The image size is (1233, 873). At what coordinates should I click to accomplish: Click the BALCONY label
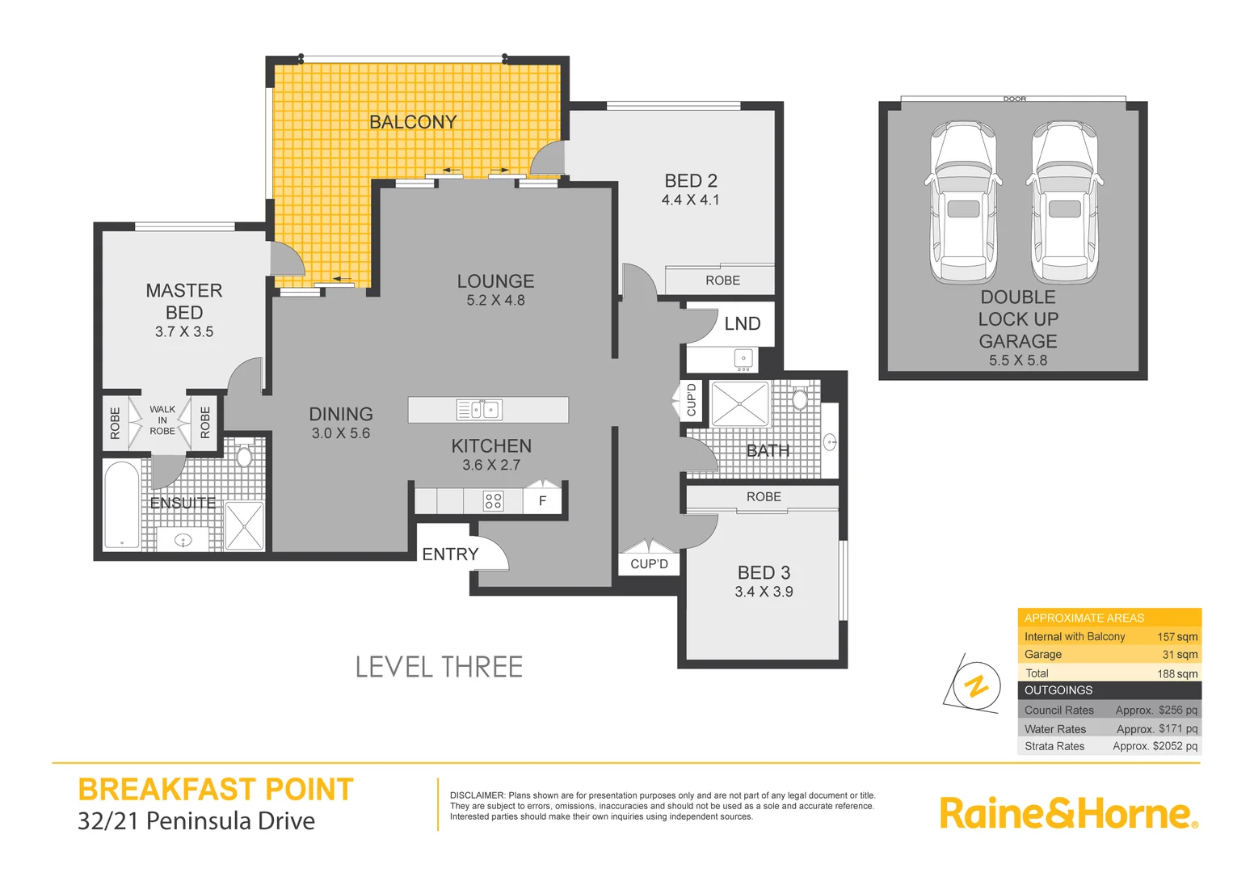tap(413, 122)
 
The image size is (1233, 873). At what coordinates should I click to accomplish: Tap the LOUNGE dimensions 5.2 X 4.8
tap(495, 301)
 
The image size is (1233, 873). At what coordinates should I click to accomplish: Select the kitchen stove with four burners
tap(493, 501)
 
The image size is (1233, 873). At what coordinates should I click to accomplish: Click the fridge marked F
tap(542, 501)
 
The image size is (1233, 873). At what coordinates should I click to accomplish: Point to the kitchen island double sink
tap(479, 410)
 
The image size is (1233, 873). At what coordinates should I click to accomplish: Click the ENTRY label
tap(450, 555)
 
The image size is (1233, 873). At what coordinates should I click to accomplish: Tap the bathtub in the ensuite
tap(122, 505)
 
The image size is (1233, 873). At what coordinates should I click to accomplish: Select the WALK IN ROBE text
tap(162, 420)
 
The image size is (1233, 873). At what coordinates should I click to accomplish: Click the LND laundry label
tap(742, 324)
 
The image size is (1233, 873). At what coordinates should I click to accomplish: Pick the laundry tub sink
tap(743, 358)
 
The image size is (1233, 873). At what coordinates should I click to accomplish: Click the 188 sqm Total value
tap(1176, 673)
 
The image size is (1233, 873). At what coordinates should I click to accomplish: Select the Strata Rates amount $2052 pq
tap(1155, 746)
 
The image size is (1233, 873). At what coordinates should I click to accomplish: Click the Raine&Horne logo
tap(1067, 813)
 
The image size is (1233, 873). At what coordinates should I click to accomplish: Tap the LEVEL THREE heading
tap(439, 668)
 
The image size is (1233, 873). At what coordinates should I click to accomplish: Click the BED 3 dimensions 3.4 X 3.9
tap(764, 593)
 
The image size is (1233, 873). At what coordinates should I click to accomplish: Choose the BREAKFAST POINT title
tap(216, 790)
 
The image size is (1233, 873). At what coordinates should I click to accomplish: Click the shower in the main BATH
tap(740, 404)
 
